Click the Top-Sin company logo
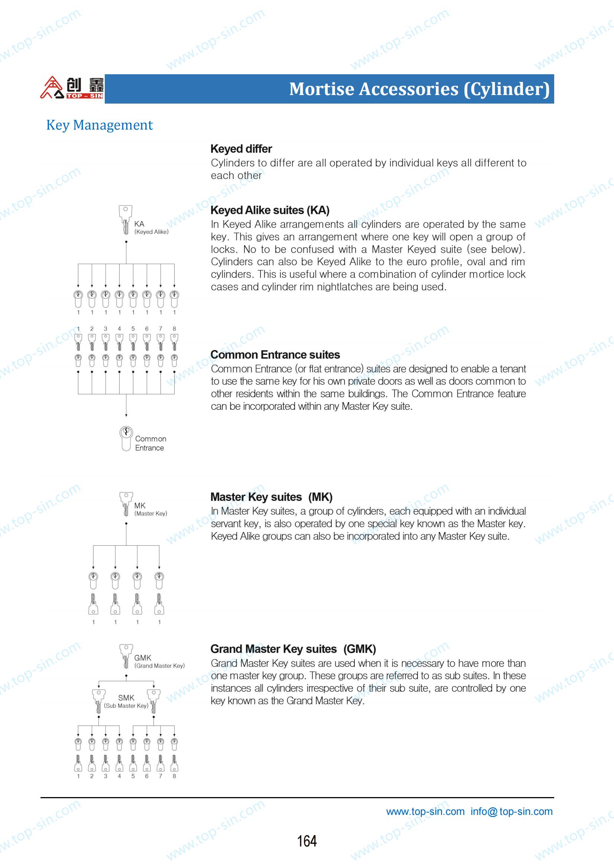pyautogui.click(x=72, y=88)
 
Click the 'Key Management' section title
pyautogui.click(x=100, y=125)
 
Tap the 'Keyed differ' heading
pyautogui.click(x=241, y=149)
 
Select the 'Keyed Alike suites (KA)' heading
pyautogui.click(x=270, y=210)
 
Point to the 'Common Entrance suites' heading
pyautogui.click(x=275, y=355)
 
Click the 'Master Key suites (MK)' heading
pyautogui.click(x=271, y=497)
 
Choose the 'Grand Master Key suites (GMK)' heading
pyautogui.click(x=293, y=649)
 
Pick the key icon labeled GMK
pyautogui.click(x=126, y=656)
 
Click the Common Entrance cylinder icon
pyautogui.click(x=126, y=438)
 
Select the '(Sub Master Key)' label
pyautogui.click(x=126, y=705)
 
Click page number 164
pyautogui.click(x=307, y=841)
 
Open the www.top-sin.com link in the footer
pyautogui.click(x=425, y=811)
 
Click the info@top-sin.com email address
pyautogui.click(x=511, y=811)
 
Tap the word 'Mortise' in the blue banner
pyautogui.click(x=322, y=89)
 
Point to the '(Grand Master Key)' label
pyautogui.click(x=160, y=666)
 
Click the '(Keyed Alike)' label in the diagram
pyautogui.click(x=151, y=232)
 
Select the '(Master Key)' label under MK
pyautogui.click(x=150, y=513)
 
